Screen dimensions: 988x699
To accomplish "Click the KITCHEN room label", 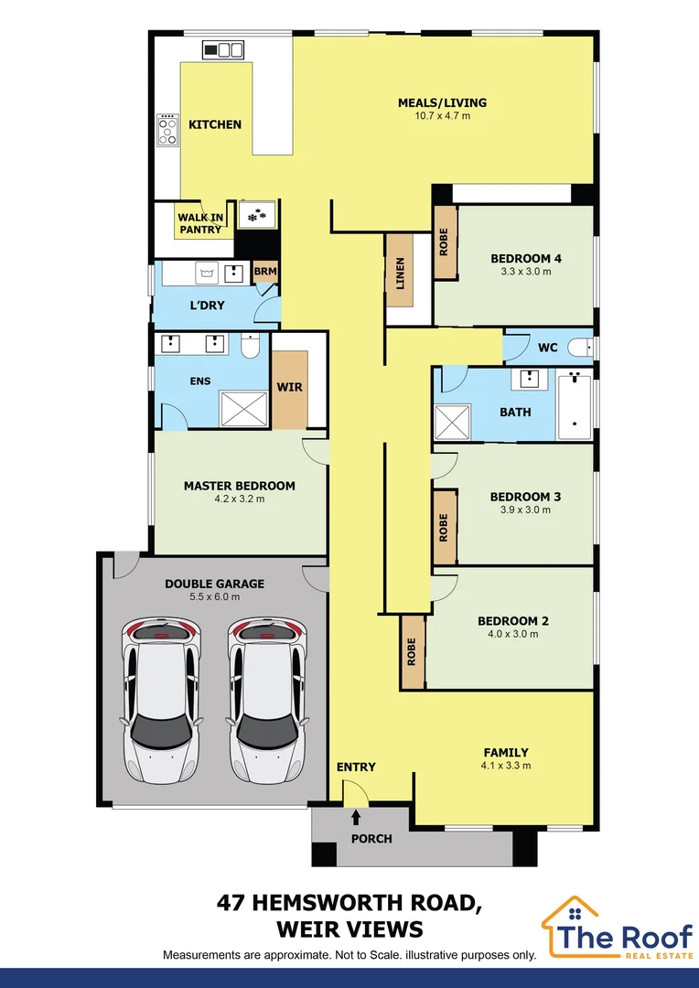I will click(x=215, y=124).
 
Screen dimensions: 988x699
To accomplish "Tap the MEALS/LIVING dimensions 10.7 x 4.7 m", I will click(x=442, y=116).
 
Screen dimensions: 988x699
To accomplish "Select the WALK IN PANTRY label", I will click(x=199, y=223).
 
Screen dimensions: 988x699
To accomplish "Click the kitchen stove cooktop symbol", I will click(x=168, y=129).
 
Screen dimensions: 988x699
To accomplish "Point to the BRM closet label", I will click(x=264, y=272).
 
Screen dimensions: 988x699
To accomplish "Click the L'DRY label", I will click(x=207, y=305).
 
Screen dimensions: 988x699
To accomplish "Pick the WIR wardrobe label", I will click(x=289, y=387).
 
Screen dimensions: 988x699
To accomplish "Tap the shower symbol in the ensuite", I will click(x=243, y=408).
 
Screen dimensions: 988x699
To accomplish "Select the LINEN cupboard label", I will click(x=400, y=273).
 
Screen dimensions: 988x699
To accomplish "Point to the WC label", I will click(x=548, y=348).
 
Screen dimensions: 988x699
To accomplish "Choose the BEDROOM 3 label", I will click(x=525, y=497).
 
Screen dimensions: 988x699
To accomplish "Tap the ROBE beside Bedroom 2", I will click(x=412, y=650).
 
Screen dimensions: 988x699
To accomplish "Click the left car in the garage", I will click(x=162, y=701).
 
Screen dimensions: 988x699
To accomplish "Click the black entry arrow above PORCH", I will click(x=356, y=816).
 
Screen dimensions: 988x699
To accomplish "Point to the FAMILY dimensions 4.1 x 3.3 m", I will click(x=507, y=766).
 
